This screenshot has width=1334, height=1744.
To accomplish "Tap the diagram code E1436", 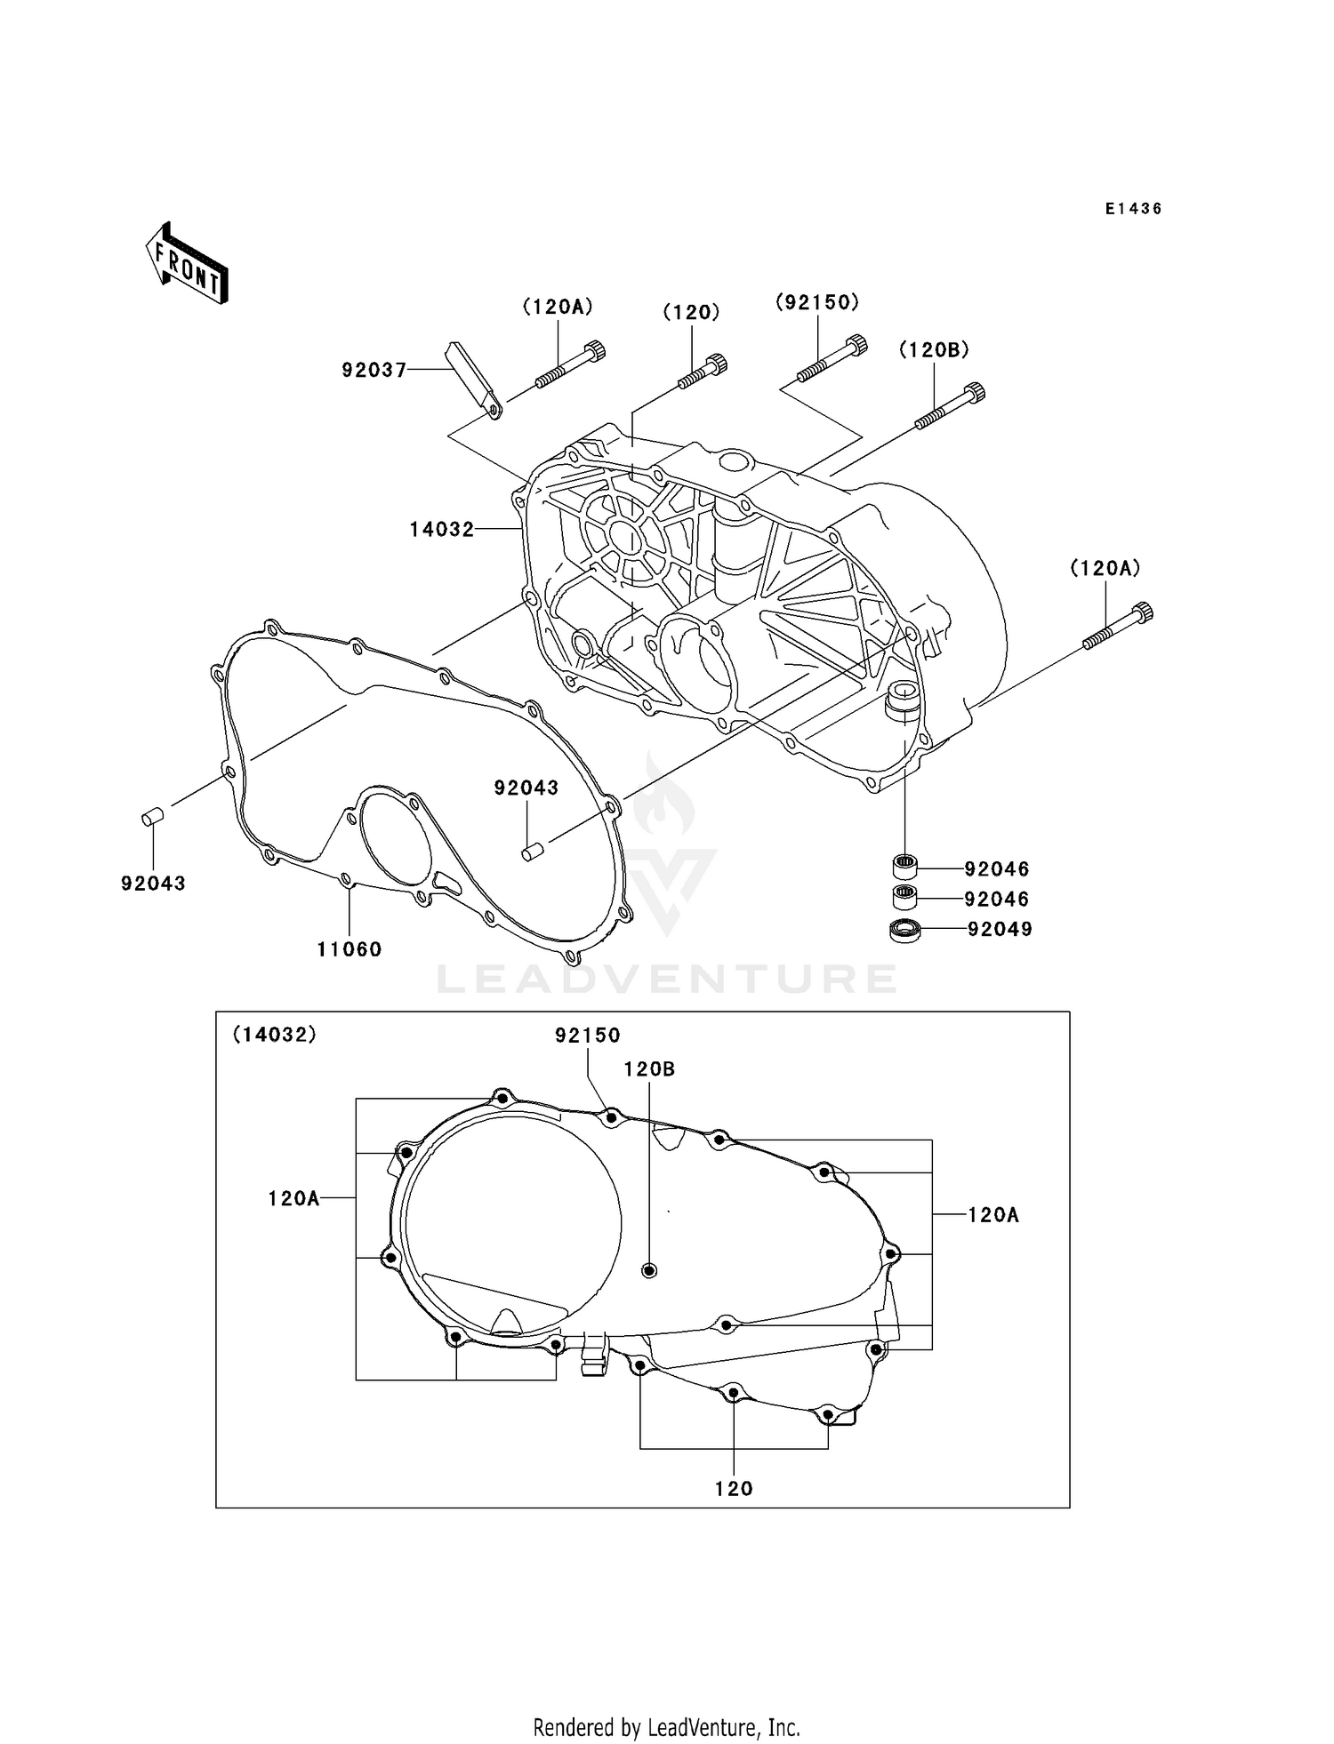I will [1133, 209].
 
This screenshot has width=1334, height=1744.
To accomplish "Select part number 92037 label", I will [374, 370].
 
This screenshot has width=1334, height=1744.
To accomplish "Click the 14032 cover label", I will [441, 530].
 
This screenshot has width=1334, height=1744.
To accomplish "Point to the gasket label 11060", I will [350, 949].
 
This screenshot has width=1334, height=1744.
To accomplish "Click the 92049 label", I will [1000, 930].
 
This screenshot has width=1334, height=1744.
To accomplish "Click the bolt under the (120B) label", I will [950, 410].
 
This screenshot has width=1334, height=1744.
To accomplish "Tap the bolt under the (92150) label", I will [832, 358].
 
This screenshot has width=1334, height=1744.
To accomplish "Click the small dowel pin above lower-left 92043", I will [152, 815].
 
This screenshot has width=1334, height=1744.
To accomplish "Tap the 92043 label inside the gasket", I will [526, 788].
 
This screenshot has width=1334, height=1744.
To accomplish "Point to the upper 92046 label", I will [996, 869].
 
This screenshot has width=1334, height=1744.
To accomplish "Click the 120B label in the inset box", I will [649, 1069].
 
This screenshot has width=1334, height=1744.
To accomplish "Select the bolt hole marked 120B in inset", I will [649, 1270].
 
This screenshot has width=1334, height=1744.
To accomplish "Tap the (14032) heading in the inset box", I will [274, 1035].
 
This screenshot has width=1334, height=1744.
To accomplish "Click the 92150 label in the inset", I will [587, 1036].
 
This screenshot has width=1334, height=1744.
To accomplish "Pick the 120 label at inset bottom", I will [734, 1489].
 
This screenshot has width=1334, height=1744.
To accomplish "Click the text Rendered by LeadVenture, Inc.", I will [666, 1727].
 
